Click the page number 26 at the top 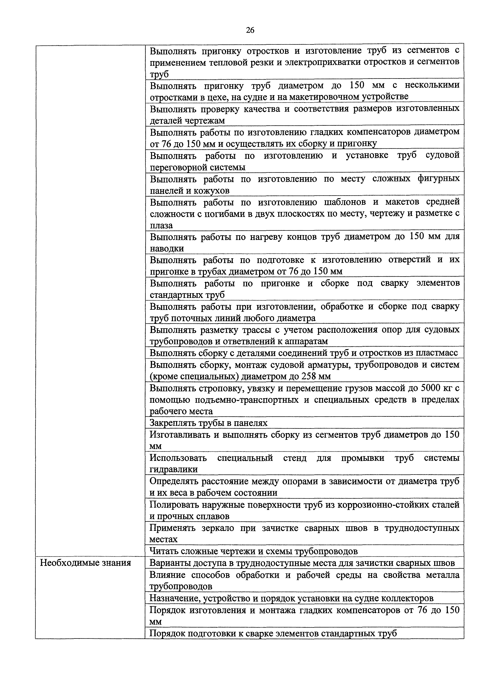[250, 30]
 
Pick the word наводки [167, 249]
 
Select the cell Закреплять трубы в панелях [208, 423]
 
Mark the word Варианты [170, 563]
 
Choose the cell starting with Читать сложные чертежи [254, 551]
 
